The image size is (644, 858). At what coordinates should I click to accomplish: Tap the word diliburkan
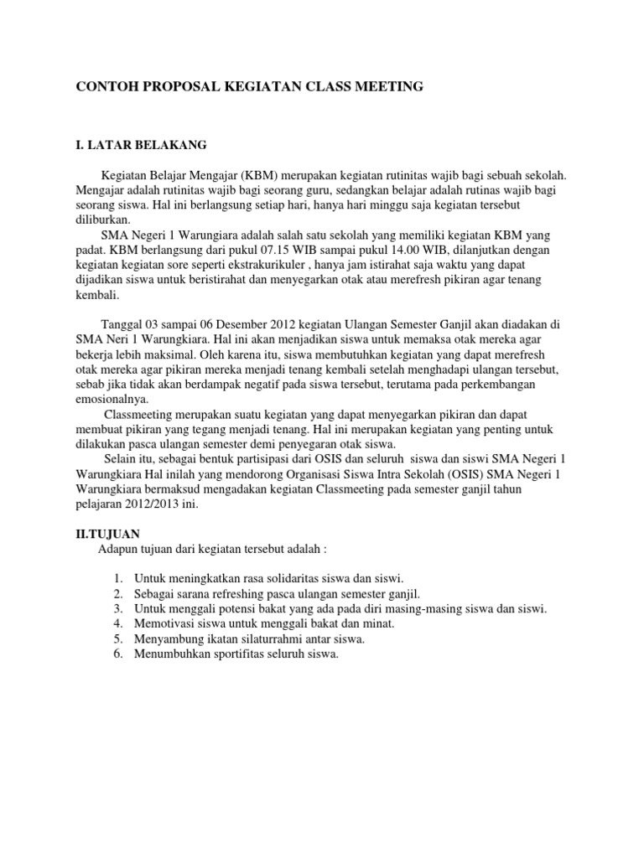(x=103, y=220)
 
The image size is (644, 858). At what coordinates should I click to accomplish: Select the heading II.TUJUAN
(x=108, y=533)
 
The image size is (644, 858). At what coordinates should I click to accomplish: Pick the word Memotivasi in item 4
(x=163, y=623)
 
